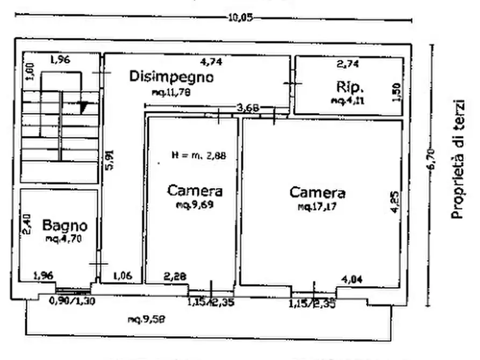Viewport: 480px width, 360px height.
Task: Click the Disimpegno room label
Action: click(x=171, y=77)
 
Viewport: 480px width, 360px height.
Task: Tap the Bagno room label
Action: click(x=65, y=224)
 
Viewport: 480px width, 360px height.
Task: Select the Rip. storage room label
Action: click(x=351, y=87)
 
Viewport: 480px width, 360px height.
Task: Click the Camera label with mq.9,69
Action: click(x=195, y=190)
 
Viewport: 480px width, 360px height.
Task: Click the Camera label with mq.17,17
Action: click(x=317, y=192)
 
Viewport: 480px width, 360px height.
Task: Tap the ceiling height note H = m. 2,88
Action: click(x=199, y=156)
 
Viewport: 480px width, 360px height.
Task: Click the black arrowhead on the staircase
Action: click(x=83, y=107)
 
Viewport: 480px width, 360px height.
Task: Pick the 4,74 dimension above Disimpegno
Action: click(x=211, y=62)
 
